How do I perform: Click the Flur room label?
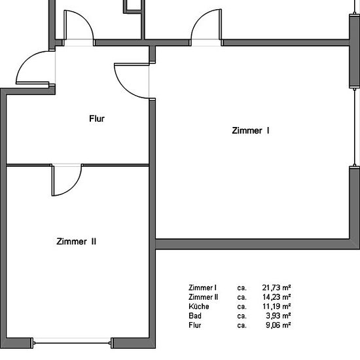97,118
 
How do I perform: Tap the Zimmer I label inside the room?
251,131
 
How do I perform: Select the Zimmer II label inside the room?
76,242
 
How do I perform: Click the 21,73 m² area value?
276,287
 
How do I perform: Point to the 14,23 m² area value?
276,297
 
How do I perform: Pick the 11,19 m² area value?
276,306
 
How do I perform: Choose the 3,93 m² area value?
278,315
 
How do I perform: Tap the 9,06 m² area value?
278,325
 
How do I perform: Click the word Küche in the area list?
199,306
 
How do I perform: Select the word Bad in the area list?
195,315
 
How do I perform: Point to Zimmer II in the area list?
203,297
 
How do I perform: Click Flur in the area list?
194,325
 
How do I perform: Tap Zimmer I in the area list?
202,287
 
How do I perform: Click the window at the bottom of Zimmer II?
73,343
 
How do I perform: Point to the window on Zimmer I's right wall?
355,127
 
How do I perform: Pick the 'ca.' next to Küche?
242,306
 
